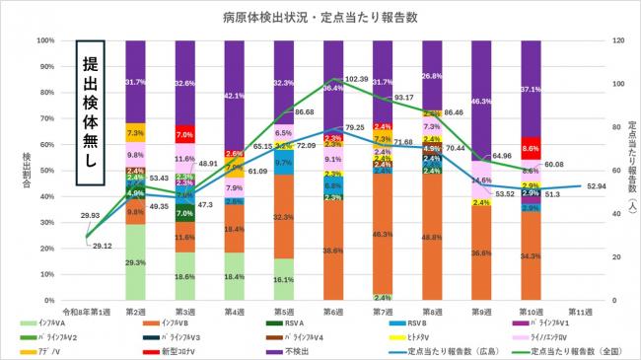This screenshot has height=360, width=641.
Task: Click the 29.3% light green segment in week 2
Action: click(136, 262)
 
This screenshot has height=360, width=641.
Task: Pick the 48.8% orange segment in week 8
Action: click(432, 238)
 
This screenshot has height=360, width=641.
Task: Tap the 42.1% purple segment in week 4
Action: click(235, 96)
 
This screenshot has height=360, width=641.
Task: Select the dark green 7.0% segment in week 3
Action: click(185, 213)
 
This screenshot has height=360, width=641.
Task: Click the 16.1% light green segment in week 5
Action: click(284, 279)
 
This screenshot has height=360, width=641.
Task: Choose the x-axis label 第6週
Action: click(333, 310)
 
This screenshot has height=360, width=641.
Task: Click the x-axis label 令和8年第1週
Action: click(87, 310)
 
